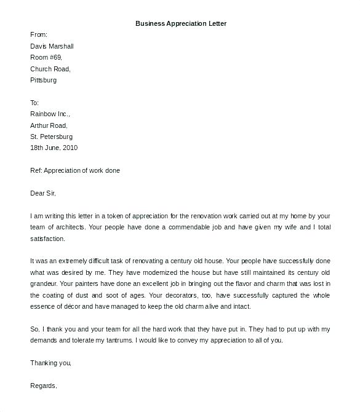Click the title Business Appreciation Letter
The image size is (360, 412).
click(181, 23)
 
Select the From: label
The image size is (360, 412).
click(39, 35)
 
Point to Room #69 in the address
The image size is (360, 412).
click(46, 57)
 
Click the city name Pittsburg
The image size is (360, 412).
click(44, 80)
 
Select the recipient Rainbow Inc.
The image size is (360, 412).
click(50, 114)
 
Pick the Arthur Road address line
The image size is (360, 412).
click(49, 125)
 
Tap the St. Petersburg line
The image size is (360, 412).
click(51, 137)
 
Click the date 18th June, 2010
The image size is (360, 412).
click(54, 148)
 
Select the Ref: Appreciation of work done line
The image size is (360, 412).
click(75, 170)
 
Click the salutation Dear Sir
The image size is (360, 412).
click(43, 193)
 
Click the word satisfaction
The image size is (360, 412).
click(47, 238)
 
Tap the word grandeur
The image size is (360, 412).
click(44, 284)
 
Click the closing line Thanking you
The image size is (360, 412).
click(51, 363)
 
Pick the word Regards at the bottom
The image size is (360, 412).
click(44, 386)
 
